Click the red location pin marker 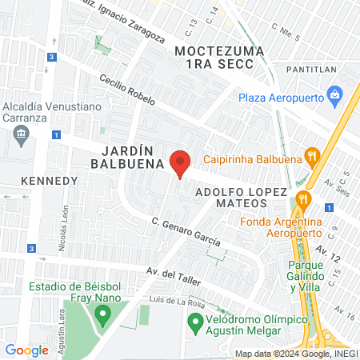(180, 162)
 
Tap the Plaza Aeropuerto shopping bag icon (335, 98)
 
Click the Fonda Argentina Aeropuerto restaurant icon (302, 198)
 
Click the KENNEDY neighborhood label (50, 180)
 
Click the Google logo (26, 350)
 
